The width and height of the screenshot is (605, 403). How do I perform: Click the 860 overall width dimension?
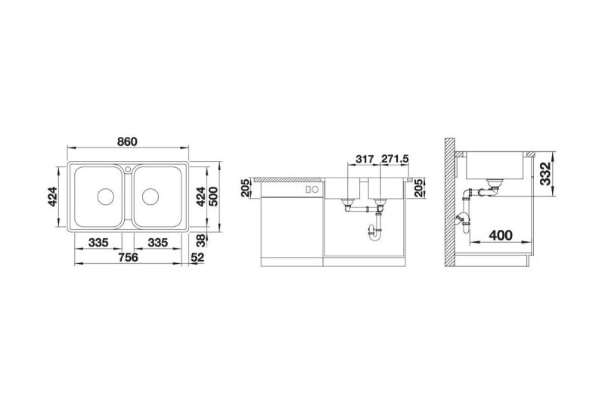pos(127,141)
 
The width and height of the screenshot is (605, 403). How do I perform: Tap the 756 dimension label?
pos(128,257)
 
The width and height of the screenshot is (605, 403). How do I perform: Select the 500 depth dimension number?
pos(213,197)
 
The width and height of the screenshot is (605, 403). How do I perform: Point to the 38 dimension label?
pos(200,240)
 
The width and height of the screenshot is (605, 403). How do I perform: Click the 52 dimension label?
pos(197,257)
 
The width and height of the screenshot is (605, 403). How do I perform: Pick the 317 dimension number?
pos(365,159)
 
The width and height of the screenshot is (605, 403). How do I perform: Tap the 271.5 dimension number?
pos(395,159)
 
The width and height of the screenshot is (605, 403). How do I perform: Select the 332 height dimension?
pos(544,174)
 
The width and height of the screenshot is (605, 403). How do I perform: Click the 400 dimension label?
pos(501,235)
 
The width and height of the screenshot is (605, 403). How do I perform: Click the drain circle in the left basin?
pos(105,197)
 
